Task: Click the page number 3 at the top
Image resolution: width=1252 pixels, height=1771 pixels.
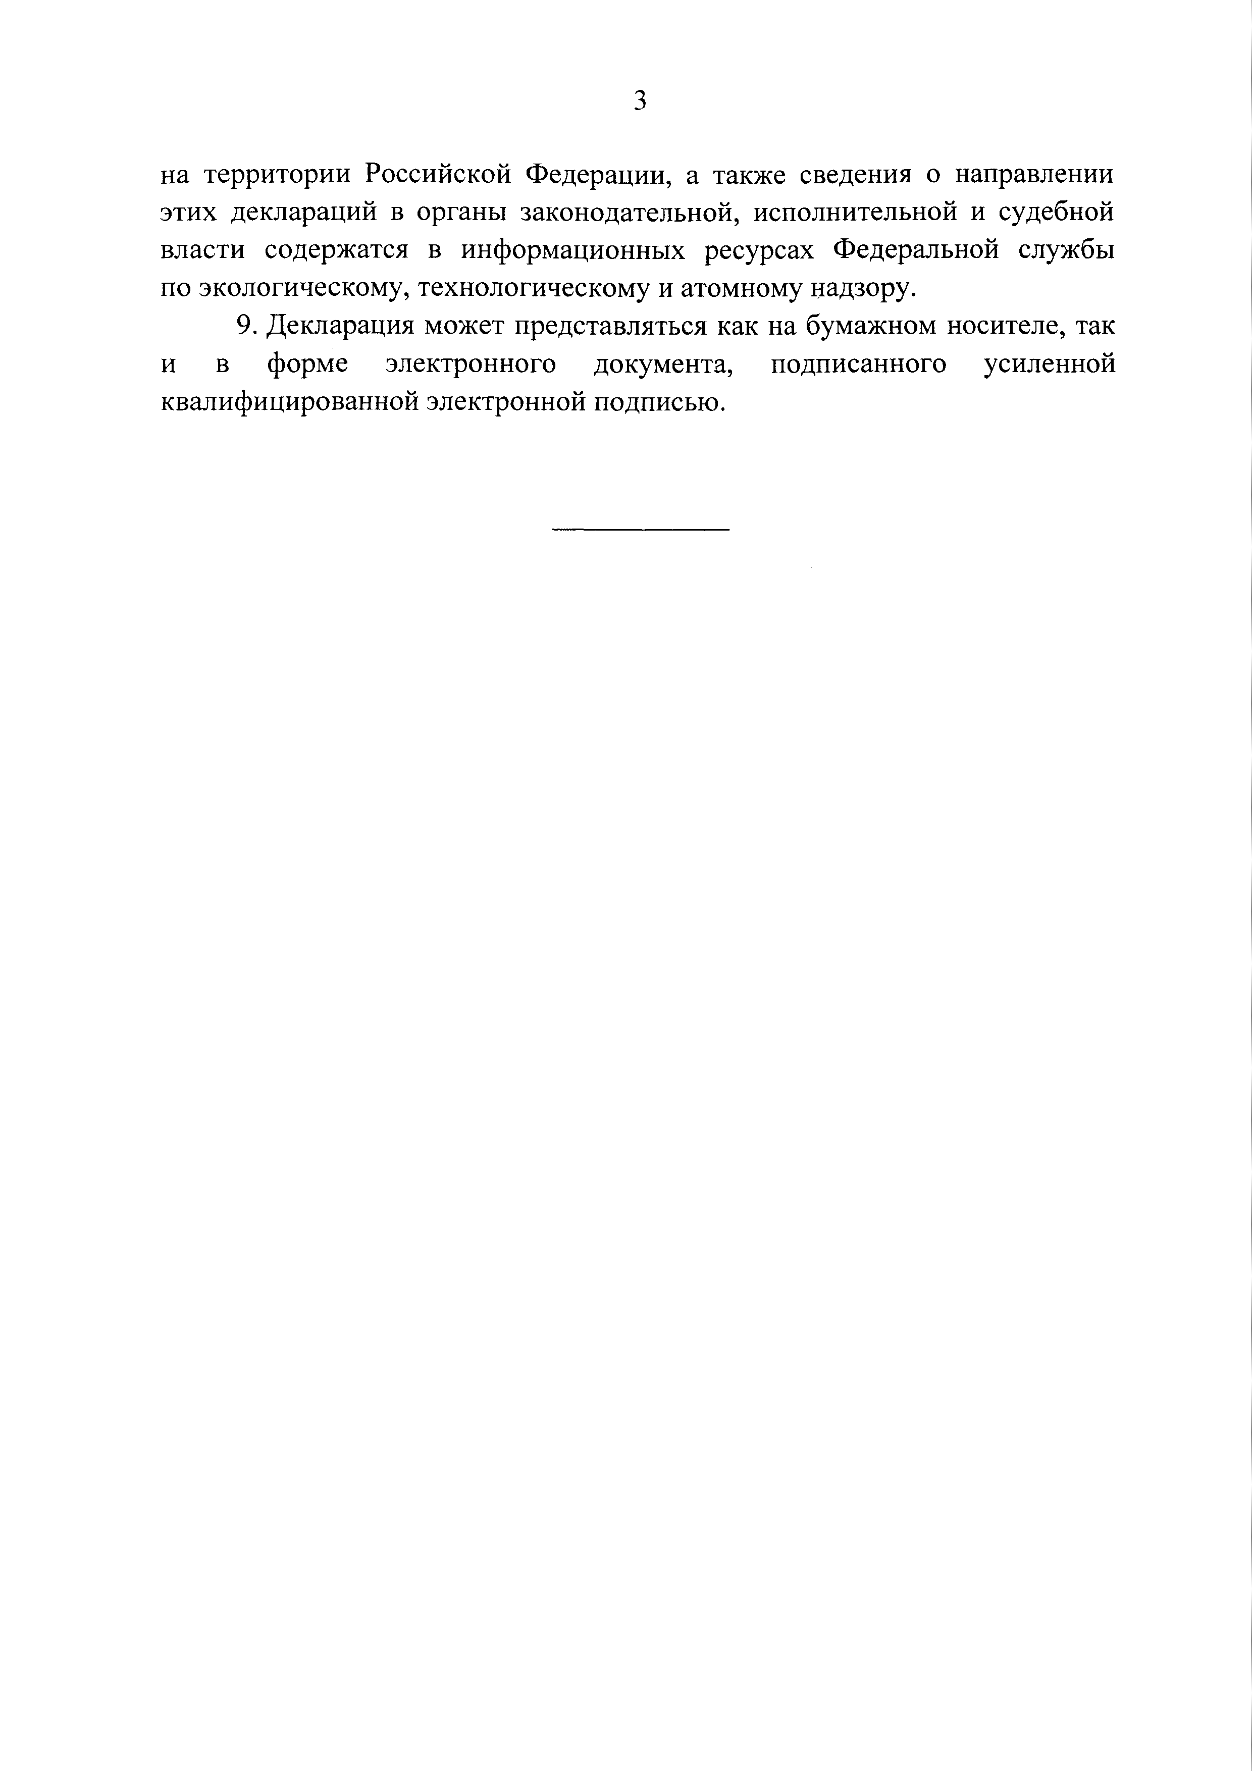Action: (x=640, y=101)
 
